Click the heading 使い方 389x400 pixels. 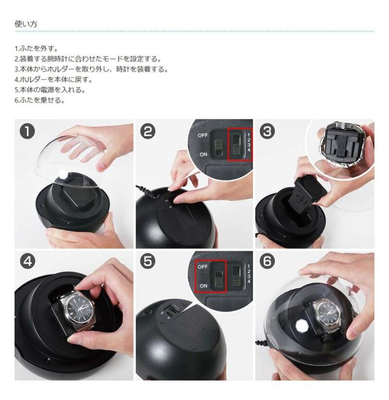(x=26, y=24)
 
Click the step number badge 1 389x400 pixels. (x=27, y=132)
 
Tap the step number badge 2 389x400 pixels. (x=148, y=132)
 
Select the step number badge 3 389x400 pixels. (x=267, y=132)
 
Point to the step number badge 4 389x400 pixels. (x=27, y=261)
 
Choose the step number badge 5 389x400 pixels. (x=148, y=261)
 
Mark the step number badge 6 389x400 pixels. (x=267, y=261)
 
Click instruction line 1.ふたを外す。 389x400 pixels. (x=36, y=49)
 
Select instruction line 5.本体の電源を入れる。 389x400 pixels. (x=50, y=90)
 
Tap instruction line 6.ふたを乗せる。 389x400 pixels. (x=40, y=100)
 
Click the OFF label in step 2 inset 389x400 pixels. (x=202, y=135)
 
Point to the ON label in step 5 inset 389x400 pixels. (x=203, y=286)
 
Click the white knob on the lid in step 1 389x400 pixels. (x=63, y=174)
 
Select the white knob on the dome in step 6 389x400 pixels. (x=301, y=325)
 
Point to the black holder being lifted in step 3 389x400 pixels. (x=309, y=192)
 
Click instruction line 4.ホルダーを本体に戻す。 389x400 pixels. (x=53, y=80)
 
